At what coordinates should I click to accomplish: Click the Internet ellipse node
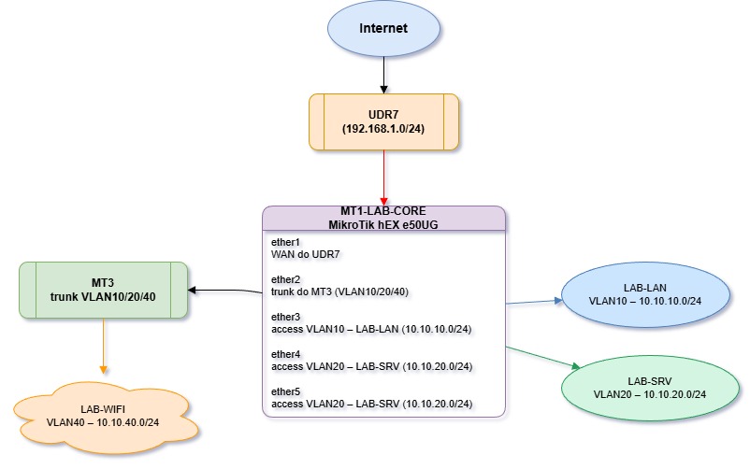pos(383,29)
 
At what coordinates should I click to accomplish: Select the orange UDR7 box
pos(383,121)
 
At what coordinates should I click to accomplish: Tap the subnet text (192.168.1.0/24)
pos(383,129)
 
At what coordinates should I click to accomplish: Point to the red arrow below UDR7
pos(383,178)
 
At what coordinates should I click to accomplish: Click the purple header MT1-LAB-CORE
pos(383,212)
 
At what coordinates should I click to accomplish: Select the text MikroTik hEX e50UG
pos(383,224)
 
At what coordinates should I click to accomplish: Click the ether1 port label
pos(285,242)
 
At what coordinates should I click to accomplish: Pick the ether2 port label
pos(285,279)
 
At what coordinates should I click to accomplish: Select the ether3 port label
pos(285,317)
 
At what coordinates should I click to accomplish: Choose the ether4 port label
pos(285,354)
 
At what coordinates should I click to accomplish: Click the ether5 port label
pos(285,391)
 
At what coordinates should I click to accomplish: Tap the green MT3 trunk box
pos(103,291)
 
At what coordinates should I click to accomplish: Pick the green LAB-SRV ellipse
pos(649,387)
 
